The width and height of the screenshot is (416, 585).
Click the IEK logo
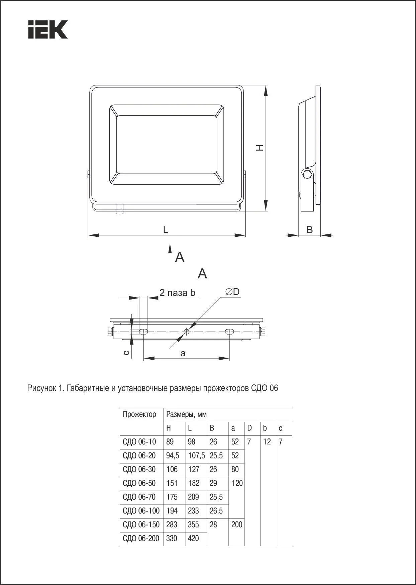click(48, 30)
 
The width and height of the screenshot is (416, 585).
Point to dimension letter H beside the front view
click(259, 148)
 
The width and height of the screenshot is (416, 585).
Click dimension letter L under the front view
click(166, 229)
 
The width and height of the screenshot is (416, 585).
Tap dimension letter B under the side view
click(310, 230)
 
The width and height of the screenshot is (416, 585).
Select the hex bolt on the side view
click(307, 175)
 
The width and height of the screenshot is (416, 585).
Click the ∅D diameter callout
click(233, 292)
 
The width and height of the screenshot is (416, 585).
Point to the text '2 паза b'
click(177, 293)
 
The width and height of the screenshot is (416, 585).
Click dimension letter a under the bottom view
click(183, 353)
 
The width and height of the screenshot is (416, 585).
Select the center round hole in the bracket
click(187, 332)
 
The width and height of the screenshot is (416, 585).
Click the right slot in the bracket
click(229, 332)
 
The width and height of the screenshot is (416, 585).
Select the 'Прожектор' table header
click(139, 414)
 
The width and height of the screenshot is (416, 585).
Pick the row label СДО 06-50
click(139, 483)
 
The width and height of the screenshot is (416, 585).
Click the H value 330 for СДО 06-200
click(172, 538)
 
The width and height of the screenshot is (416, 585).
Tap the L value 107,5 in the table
click(196, 455)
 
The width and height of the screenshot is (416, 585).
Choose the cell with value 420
click(193, 538)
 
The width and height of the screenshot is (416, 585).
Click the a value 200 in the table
click(237, 525)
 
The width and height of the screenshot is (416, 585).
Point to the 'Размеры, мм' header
click(187, 414)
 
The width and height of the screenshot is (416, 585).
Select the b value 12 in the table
click(267, 442)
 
